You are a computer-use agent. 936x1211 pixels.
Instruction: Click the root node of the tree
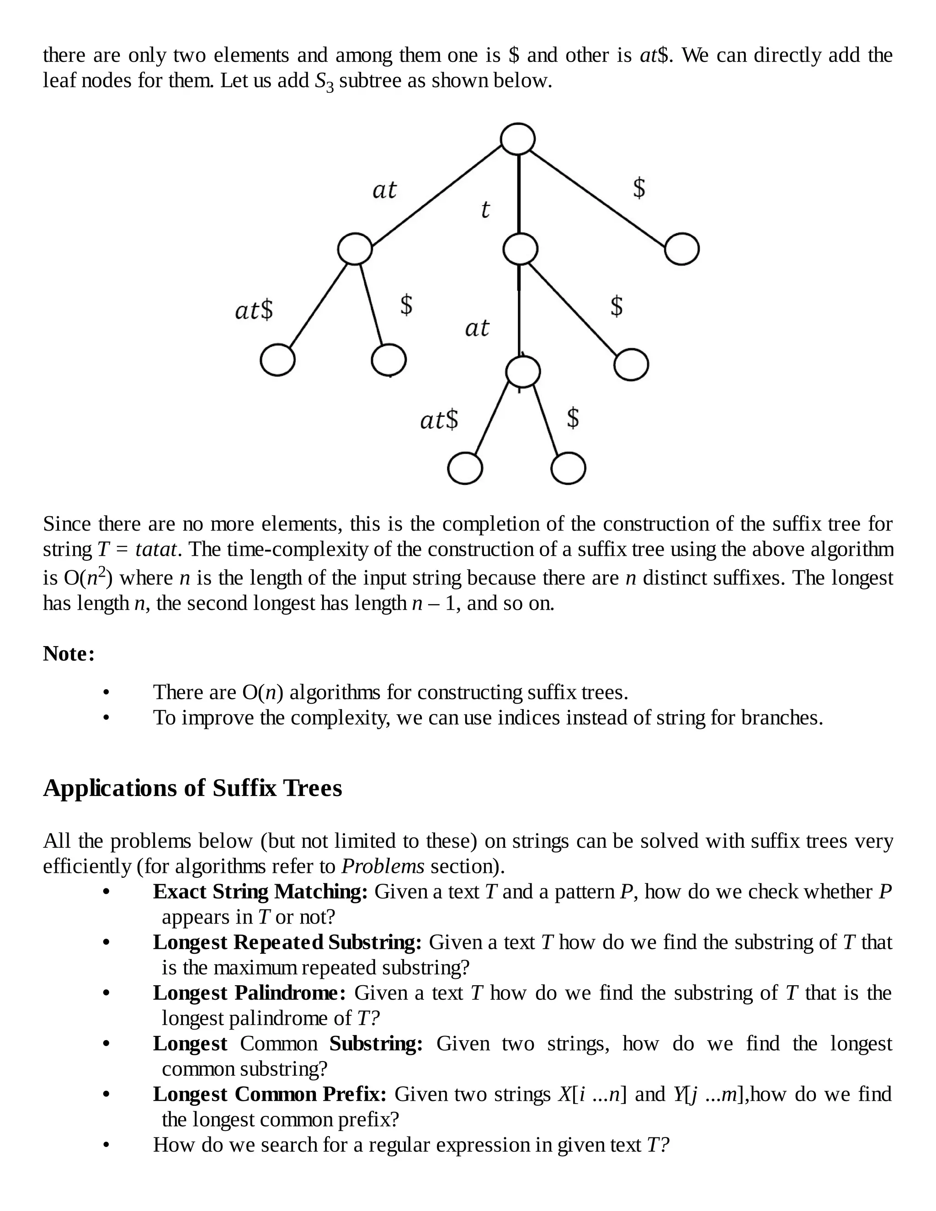(x=517, y=138)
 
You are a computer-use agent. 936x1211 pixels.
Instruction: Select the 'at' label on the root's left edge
(x=384, y=190)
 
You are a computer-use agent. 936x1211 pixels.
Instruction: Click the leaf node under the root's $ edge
(x=681, y=249)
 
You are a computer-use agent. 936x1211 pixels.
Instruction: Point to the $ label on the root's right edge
(x=639, y=188)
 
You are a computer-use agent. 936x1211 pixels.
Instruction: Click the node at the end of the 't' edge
(x=520, y=249)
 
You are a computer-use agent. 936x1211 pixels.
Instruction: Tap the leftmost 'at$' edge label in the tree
(x=254, y=310)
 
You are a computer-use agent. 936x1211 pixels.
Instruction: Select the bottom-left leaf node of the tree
(x=465, y=468)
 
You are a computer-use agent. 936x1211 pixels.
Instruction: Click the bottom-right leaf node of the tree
(x=569, y=468)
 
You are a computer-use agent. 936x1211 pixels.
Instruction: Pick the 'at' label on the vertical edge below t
(x=476, y=328)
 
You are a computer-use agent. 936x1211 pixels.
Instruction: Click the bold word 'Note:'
(x=69, y=654)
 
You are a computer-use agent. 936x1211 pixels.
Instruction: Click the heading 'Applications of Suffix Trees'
(x=192, y=788)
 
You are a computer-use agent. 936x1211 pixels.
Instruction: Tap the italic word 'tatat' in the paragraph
(x=156, y=549)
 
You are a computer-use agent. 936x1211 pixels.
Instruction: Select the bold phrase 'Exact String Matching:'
(x=260, y=892)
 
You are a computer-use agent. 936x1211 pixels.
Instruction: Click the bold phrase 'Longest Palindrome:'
(x=249, y=993)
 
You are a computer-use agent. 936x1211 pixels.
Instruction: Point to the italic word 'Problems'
(x=383, y=866)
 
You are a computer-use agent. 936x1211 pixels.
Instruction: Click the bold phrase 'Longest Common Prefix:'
(x=270, y=1094)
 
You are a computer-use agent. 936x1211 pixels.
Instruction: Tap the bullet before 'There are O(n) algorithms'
(x=106, y=692)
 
